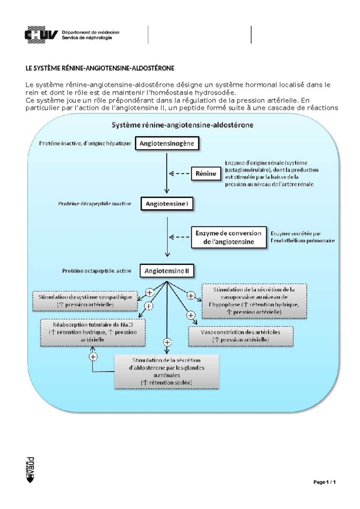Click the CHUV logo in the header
tap(41, 35)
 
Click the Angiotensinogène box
tap(167, 144)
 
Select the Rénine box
tap(206, 174)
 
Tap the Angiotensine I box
tap(167, 204)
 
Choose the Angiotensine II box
tap(167, 271)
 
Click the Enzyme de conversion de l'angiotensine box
tap(229, 237)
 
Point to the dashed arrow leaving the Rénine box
tap(179, 174)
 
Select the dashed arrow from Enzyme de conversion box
tap(179, 237)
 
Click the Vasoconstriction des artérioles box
tap(241, 336)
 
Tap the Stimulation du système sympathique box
tap(85, 301)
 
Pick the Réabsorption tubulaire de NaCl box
tap(93, 332)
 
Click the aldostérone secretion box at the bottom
tap(166, 371)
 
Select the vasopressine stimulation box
tap(254, 301)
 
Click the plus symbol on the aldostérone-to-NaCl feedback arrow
tap(93, 357)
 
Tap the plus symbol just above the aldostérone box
tap(167, 342)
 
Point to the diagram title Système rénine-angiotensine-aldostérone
tap(182, 125)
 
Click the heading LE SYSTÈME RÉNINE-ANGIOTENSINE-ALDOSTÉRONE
tap(100, 68)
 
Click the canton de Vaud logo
tap(30, 470)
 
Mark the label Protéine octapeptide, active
tap(97, 271)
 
